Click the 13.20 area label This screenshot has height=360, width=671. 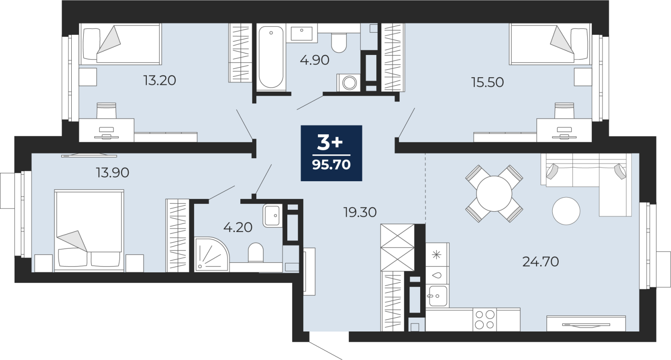pyautogui.click(x=160, y=80)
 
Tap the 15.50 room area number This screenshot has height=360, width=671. pyautogui.click(x=488, y=82)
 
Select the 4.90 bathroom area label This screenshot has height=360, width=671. pyautogui.click(x=315, y=60)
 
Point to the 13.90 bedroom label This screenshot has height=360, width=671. pyautogui.click(x=113, y=172)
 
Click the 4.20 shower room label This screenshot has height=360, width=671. pyautogui.click(x=238, y=227)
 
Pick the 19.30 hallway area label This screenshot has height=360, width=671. pyautogui.click(x=360, y=212)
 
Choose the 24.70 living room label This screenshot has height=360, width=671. pyautogui.click(x=541, y=262)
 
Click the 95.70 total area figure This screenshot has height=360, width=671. pyautogui.click(x=331, y=164)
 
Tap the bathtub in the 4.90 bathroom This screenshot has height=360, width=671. pyautogui.click(x=271, y=57)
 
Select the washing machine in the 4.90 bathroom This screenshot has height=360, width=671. pyautogui.click(x=349, y=82)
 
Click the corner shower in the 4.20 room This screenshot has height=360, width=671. pyautogui.click(x=211, y=255)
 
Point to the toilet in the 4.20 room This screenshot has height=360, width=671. pyautogui.click(x=255, y=253)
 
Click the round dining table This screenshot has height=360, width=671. pyautogui.click(x=494, y=194)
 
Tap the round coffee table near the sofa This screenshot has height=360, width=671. pyautogui.click(x=566, y=211)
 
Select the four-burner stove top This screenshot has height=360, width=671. pyautogui.click(x=485, y=320)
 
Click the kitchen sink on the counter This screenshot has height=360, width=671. pyautogui.click(x=438, y=296)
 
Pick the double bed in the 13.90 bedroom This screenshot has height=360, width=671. pyautogui.click(x=89, y=230)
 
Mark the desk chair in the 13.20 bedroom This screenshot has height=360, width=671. pyautogui.click(x=107, y=110)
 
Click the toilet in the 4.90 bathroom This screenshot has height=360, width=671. pyautogui.click(x=339, y=43)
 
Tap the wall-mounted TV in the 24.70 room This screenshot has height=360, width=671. pyautogui.click(x=586, y=324)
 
